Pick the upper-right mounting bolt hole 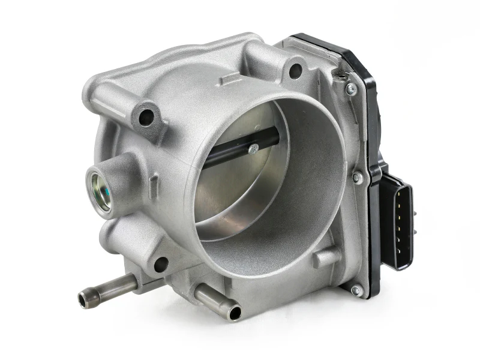point(295,71)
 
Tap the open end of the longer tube point(84,297)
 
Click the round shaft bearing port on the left point(99,189)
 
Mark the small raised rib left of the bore point(154,180)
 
